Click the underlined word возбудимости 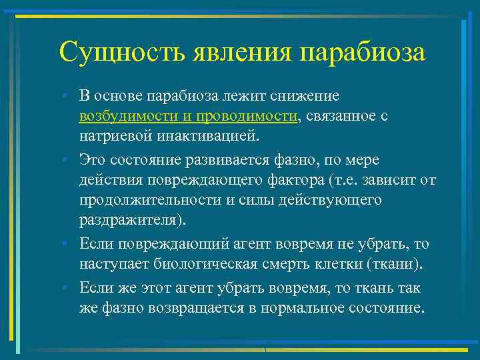[x=125, y=116]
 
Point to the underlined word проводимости [x=241, y=116]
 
